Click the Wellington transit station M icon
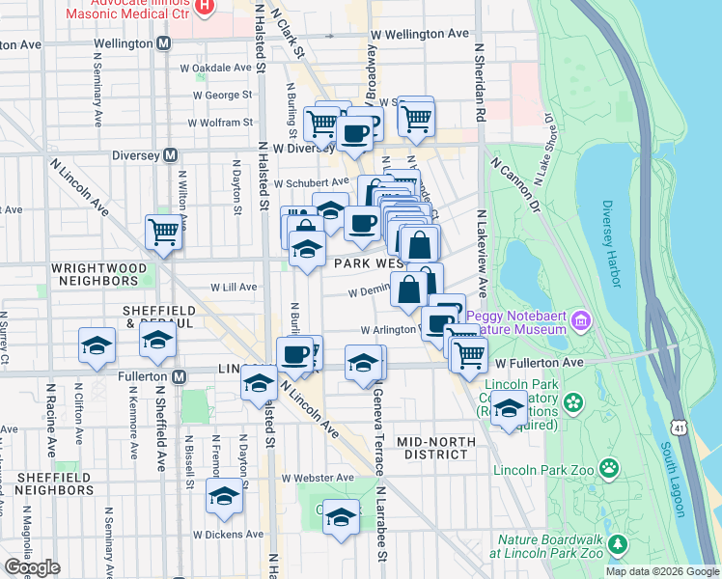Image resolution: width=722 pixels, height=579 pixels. (x=164, y=44)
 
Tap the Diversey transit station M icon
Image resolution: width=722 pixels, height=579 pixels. (x=171, y=154)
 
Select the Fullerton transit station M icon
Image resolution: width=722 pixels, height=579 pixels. (x=179, y=376)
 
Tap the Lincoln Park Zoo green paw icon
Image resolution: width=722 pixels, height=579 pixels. (x=609, y=470)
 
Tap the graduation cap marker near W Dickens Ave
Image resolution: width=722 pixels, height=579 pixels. (x=224, y=498)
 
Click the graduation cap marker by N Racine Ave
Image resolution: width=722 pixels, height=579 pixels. (x=97, y=345)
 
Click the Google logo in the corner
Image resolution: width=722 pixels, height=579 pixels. (x=32, y=567)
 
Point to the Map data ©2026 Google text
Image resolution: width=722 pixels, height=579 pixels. (x=661, y=571)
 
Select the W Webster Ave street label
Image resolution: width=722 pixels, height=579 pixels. (x=318, y=478)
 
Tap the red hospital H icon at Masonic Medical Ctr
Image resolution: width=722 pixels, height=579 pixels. (x=204, y=6)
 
